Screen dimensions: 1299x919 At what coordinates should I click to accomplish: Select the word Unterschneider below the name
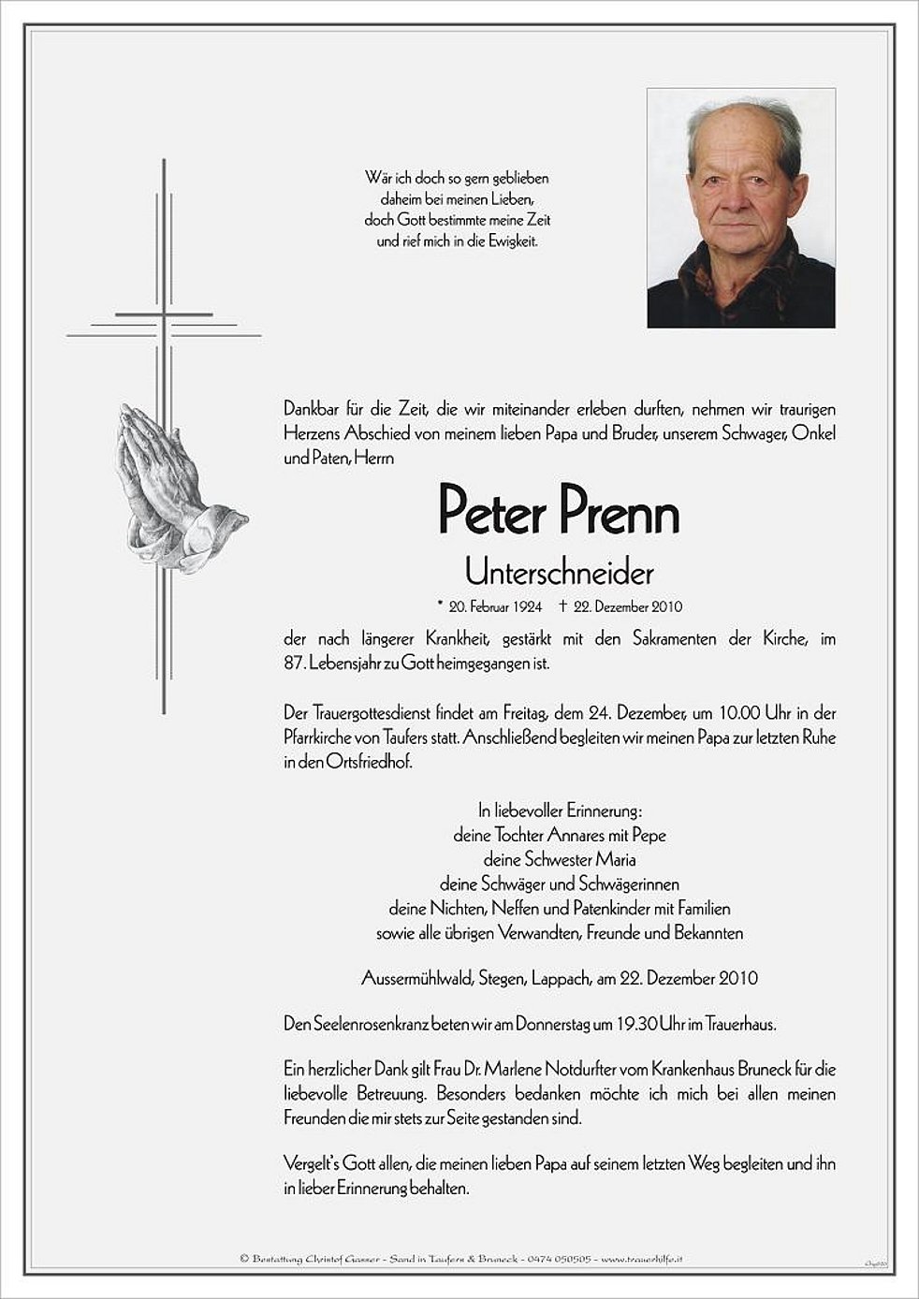tap(559, 571)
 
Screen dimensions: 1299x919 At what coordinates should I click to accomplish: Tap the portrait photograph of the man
tap(740, 208)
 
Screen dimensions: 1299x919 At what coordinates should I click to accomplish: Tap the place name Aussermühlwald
tap(417, 979)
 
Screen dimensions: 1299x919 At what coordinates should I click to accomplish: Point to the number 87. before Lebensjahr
tap(295, 664)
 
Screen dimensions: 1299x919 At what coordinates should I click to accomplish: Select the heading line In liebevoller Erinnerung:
tap(560, 810)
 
